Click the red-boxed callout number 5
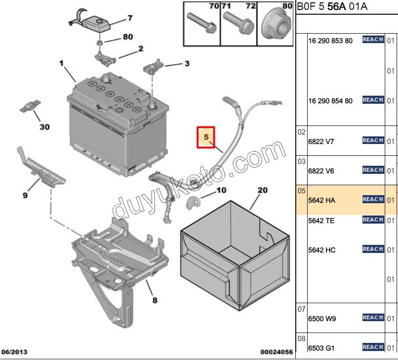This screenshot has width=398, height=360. [x=206, y=137]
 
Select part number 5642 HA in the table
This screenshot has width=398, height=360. [x=321, y=200]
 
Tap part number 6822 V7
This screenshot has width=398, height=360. [x=321, y=141]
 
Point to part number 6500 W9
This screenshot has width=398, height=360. [x=322, y=319]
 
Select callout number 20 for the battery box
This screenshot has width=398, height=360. [x=263, y=190]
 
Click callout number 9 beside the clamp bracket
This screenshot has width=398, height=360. [x=25, y=194]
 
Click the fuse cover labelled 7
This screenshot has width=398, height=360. [x=97, y=23]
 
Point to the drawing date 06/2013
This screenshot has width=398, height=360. [x=15, y=352]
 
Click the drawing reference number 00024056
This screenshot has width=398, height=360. [x=277, y=352]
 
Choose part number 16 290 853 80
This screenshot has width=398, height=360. [x=330, y=41]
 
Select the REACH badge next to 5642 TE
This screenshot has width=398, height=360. [x=373, y=220]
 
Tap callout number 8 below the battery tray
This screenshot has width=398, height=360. [x=155, y=300]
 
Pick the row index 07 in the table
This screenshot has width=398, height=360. [x=302, y=309]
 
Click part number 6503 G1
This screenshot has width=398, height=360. [x=321, y=348]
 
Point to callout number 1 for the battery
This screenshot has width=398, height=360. [x=61, y=63]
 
